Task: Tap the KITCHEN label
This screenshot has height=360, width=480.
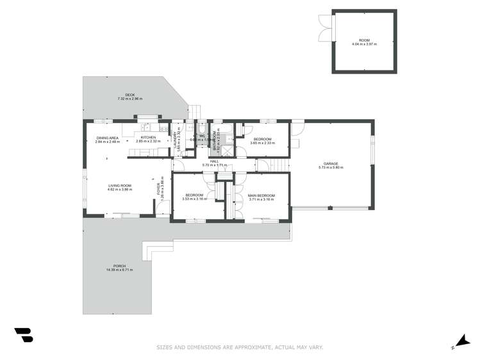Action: [148, 137]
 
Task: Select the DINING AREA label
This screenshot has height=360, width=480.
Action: [107, 138]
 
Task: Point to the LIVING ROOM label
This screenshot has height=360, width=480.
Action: [119, 186]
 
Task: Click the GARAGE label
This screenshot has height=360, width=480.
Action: [331, 163]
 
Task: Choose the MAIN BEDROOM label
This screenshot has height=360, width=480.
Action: [261, 195]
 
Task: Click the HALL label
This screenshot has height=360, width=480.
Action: [215, 161]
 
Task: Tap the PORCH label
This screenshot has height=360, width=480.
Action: [119, 266]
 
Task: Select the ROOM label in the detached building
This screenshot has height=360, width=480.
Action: [364, 40]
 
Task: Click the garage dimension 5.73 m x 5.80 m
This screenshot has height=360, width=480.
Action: [331, 167]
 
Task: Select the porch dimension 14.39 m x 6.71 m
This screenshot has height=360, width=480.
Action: [119, 270]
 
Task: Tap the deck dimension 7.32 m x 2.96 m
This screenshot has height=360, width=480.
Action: [129, 99]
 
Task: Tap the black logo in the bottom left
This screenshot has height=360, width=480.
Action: [23, 335]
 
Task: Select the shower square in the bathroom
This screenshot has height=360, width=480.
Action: [226, 151]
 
